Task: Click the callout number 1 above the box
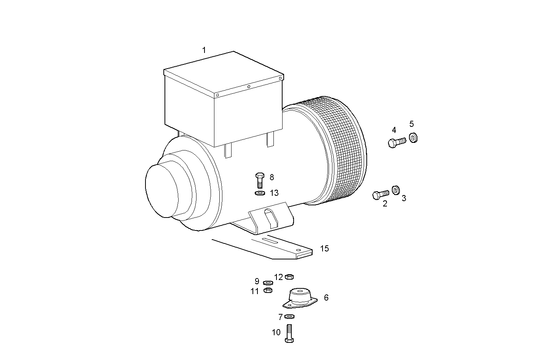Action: coord(204,50)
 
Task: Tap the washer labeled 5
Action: coord(413,137)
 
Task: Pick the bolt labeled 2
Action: coord(380,195)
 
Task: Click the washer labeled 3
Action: coord(396,189)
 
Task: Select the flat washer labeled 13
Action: coord(260,193)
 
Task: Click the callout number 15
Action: coord(324,249)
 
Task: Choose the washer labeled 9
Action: coord(268,283)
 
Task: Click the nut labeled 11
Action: coord(268,290)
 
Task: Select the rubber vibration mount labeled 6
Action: coord(300,298)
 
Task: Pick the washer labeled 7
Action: coord(289,316)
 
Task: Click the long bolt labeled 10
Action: coord(289,333)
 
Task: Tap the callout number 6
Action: coord(326,298)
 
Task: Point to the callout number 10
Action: coord(276,333)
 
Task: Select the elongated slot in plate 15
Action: coord(269,240)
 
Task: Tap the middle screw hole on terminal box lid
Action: coord(249,87)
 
